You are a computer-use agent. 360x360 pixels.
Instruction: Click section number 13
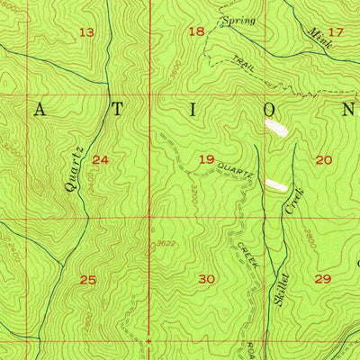[86, 32]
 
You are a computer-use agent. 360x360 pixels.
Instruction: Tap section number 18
[196, 31]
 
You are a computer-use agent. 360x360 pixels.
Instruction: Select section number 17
[336, 31]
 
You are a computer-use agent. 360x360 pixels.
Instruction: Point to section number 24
[100, 160]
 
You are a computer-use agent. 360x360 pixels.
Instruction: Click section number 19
[206, 159]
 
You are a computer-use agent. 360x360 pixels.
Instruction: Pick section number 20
[323, 159]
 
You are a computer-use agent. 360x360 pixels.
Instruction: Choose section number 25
[87, 280]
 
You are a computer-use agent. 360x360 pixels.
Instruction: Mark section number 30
[206, 279]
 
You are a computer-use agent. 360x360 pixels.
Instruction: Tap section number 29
[323, 279]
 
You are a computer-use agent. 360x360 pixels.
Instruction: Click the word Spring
[238, 20]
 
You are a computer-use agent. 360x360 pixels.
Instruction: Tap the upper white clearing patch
[275, 129]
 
